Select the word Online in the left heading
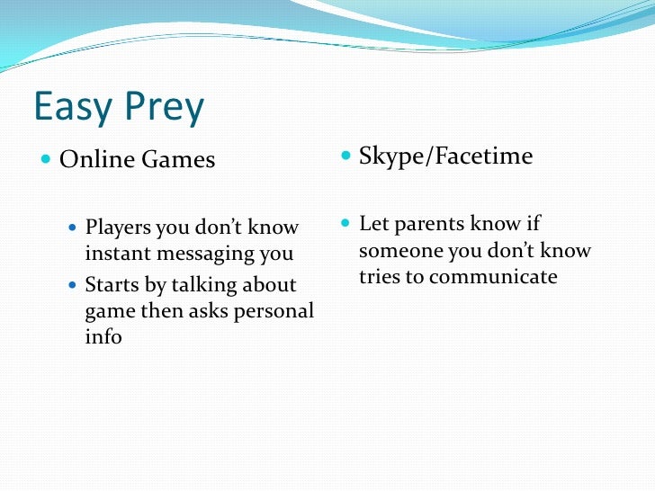click(95, 160)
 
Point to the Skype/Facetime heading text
click(445, 157)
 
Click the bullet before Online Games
click(46, 160)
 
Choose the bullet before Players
click(74, 227)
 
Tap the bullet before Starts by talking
click(74, 285)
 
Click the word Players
click(118, 228)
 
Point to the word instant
click(117, 254)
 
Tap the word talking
click(204, 286)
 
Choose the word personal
click(270, 312)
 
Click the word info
click(103, 337)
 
